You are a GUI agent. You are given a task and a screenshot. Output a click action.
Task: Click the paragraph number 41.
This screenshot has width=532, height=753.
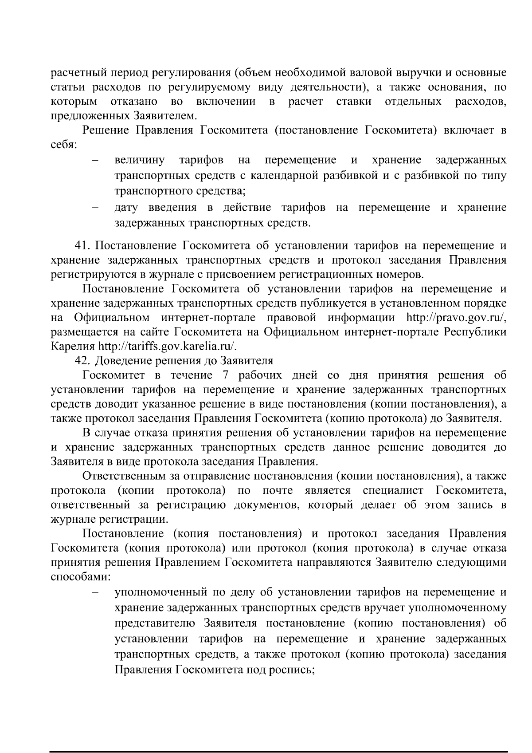click(x=82, y=246)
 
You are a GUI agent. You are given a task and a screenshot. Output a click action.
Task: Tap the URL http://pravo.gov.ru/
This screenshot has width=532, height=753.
click(x=456, y=318)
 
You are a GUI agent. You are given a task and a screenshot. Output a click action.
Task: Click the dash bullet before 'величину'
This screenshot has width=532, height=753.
click(x=94, y=160)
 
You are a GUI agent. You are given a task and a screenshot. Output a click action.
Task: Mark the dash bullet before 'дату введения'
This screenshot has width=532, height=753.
click(x=94, y=208)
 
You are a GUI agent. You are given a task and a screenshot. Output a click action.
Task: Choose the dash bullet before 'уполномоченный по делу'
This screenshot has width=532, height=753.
click(x=94, y=593)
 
